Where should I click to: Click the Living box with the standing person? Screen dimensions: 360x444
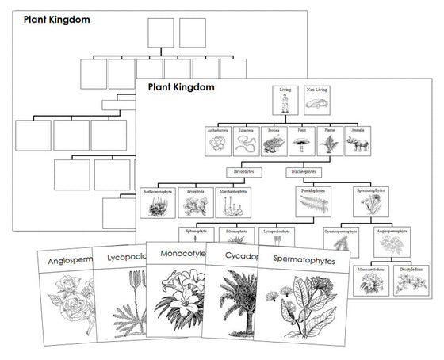pyautogui.click(x=285, y=102)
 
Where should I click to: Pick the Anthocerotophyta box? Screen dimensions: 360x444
pyautogui.click(x=155, y=203)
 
